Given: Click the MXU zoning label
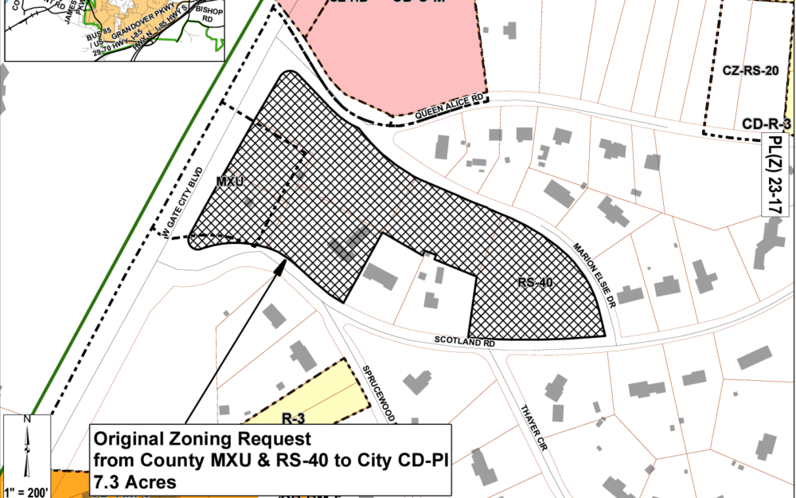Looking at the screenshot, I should coord(228,182).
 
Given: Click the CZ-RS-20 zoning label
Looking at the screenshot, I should coord(750,71).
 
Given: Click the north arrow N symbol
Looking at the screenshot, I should coord(27,420).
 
